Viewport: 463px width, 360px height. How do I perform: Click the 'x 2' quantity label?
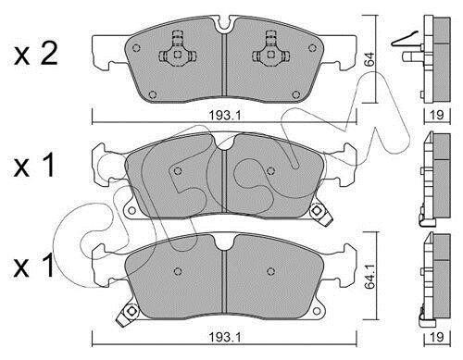(36, 55)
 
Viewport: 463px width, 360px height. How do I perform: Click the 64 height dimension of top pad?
(369, 59)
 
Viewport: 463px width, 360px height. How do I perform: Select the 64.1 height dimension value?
(369, 279)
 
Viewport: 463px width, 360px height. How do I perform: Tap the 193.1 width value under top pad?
(224, 116)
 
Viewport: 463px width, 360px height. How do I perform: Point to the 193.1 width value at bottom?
(224, 337)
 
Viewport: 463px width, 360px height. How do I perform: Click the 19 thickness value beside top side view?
(437, 115)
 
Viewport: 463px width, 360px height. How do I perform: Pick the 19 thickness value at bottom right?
(437, 337)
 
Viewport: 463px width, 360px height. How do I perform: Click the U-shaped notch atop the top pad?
(226, 25)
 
